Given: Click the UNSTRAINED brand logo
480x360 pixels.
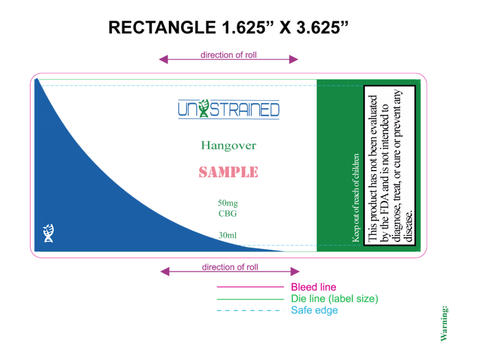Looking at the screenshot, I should pos(229,109).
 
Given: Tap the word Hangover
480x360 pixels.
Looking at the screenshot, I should pos(228,146).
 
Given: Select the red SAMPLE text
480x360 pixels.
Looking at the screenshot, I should pos(228,172).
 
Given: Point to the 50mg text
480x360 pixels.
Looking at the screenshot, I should pos(228,203).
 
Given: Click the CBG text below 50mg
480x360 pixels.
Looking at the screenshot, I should pos(228,214).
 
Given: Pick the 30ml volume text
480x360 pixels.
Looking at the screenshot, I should pos(228,236).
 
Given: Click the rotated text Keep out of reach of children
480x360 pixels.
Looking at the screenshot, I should pos(357,198).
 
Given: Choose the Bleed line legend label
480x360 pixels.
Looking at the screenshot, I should pos(313,287).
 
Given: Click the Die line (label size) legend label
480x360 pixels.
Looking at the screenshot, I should pos(334,299).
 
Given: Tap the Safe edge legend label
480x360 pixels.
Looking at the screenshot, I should pos(314,310).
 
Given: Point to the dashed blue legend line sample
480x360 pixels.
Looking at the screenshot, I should pos(250,311).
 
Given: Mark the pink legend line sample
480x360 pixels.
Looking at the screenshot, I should pos(250,287).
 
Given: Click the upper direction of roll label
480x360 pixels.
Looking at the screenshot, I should pos(228,55).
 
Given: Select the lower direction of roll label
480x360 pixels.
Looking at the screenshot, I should pos(230,267).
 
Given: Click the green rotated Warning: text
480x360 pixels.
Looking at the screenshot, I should pos(445,324).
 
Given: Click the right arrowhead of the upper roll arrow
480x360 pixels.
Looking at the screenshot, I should pos(295,59).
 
